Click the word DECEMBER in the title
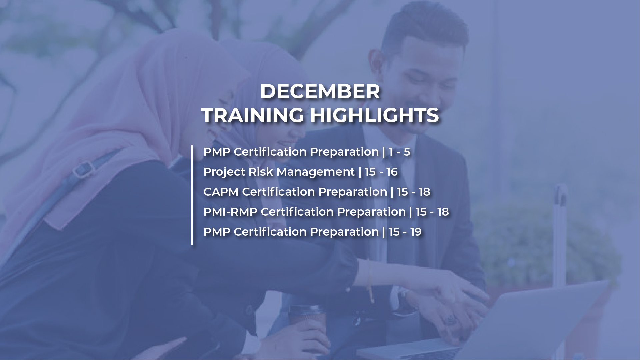point(320,91)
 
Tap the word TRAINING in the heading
point(253,115)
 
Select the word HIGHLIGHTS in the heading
point(374,115)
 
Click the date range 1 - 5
point(399,152)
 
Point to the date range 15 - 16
point(381,172)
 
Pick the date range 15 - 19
point(405,232)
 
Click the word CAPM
point(221,192)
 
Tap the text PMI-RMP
point(230,212)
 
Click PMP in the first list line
point(217,152)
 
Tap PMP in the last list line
point(217,232)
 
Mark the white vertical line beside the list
point(192,195)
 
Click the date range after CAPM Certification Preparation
point(413,192)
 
